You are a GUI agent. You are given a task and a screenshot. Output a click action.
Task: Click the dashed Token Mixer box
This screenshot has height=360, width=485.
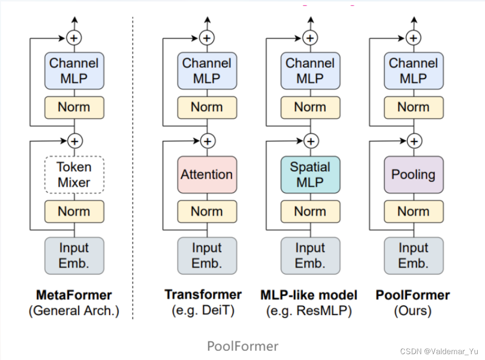click(x=74, y=175)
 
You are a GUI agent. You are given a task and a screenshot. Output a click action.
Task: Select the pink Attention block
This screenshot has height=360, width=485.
click(x=207, y=175)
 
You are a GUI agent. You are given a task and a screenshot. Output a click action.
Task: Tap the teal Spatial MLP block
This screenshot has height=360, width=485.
click(x=310, y=175)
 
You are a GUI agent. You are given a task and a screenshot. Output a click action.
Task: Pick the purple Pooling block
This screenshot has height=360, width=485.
click(x=413, y=175)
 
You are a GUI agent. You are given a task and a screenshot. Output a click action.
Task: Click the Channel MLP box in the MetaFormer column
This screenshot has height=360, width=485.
click(x=74, y=71)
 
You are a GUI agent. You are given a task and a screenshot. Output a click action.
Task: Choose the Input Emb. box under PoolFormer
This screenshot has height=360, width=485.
click(x=413, y=256)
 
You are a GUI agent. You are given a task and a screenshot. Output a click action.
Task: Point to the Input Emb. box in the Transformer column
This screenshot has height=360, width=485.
click(x=207, y=256)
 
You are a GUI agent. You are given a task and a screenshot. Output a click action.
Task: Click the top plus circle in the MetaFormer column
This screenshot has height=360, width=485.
click(x=74, y=38)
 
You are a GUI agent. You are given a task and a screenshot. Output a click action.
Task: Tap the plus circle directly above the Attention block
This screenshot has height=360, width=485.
click(x=207, y=141)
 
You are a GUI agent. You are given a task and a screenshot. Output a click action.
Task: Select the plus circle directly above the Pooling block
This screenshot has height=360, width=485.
click(x=414, y=141)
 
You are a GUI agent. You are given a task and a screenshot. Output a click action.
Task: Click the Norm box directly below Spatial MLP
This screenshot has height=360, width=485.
click(x=310, y=211)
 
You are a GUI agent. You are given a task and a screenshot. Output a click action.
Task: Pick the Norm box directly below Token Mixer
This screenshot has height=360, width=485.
click(x=74, y=211)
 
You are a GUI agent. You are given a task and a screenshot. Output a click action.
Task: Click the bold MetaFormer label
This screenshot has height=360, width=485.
click(x=74, y=295)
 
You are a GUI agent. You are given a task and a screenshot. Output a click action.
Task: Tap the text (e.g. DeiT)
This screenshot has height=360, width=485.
click(x=203, y=311)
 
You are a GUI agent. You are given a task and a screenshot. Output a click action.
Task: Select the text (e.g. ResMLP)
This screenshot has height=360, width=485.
click(x=309, y=311)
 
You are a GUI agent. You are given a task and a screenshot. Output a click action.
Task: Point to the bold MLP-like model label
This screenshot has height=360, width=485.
click(x=309, y=295)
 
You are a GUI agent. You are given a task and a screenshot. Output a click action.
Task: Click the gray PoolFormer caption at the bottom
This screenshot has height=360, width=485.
click(x=243, y=346)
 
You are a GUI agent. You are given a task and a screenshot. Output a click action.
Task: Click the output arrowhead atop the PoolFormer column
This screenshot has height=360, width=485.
click(x=414, y=20)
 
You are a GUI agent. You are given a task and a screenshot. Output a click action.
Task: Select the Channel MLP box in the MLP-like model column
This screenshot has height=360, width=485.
click(x=310, y=71)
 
